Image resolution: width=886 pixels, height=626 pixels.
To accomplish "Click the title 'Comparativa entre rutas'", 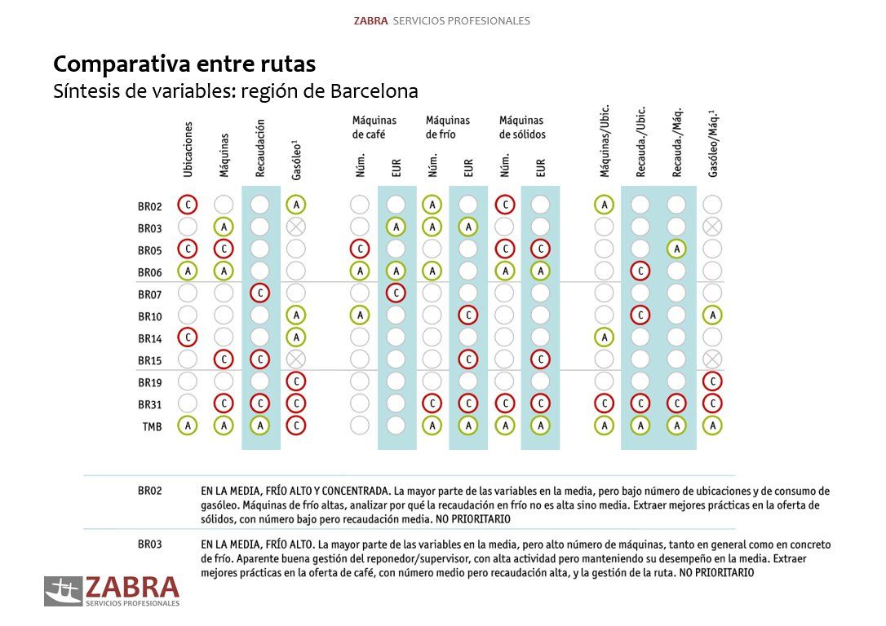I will point(184,64).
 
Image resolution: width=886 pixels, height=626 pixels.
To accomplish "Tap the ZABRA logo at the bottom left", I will point(112,591).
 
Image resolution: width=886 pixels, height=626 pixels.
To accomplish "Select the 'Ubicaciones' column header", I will point(188,149).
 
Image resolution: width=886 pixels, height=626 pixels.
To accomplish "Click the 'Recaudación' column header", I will point(260,148).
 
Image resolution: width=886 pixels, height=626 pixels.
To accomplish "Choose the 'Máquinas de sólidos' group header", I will point(522,127).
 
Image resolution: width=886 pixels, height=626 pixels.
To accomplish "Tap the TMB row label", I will point(151,425).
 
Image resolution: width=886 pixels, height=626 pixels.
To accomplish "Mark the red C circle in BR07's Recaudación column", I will point(259,293).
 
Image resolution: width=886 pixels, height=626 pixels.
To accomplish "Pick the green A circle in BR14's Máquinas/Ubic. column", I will point(604,337).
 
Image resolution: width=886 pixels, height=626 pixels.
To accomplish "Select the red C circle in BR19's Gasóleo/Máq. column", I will point(712,381).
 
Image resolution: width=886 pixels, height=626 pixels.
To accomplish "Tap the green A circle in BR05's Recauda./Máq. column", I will point(676,249).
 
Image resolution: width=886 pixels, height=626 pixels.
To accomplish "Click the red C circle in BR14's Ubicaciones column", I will point(188,337).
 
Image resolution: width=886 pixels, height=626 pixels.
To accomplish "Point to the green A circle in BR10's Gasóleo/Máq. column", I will point(712,315).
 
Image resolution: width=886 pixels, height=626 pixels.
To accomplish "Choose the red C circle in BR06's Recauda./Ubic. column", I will point(640,271).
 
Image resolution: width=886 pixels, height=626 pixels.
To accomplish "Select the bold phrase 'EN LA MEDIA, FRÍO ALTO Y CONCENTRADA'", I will point(295,492).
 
